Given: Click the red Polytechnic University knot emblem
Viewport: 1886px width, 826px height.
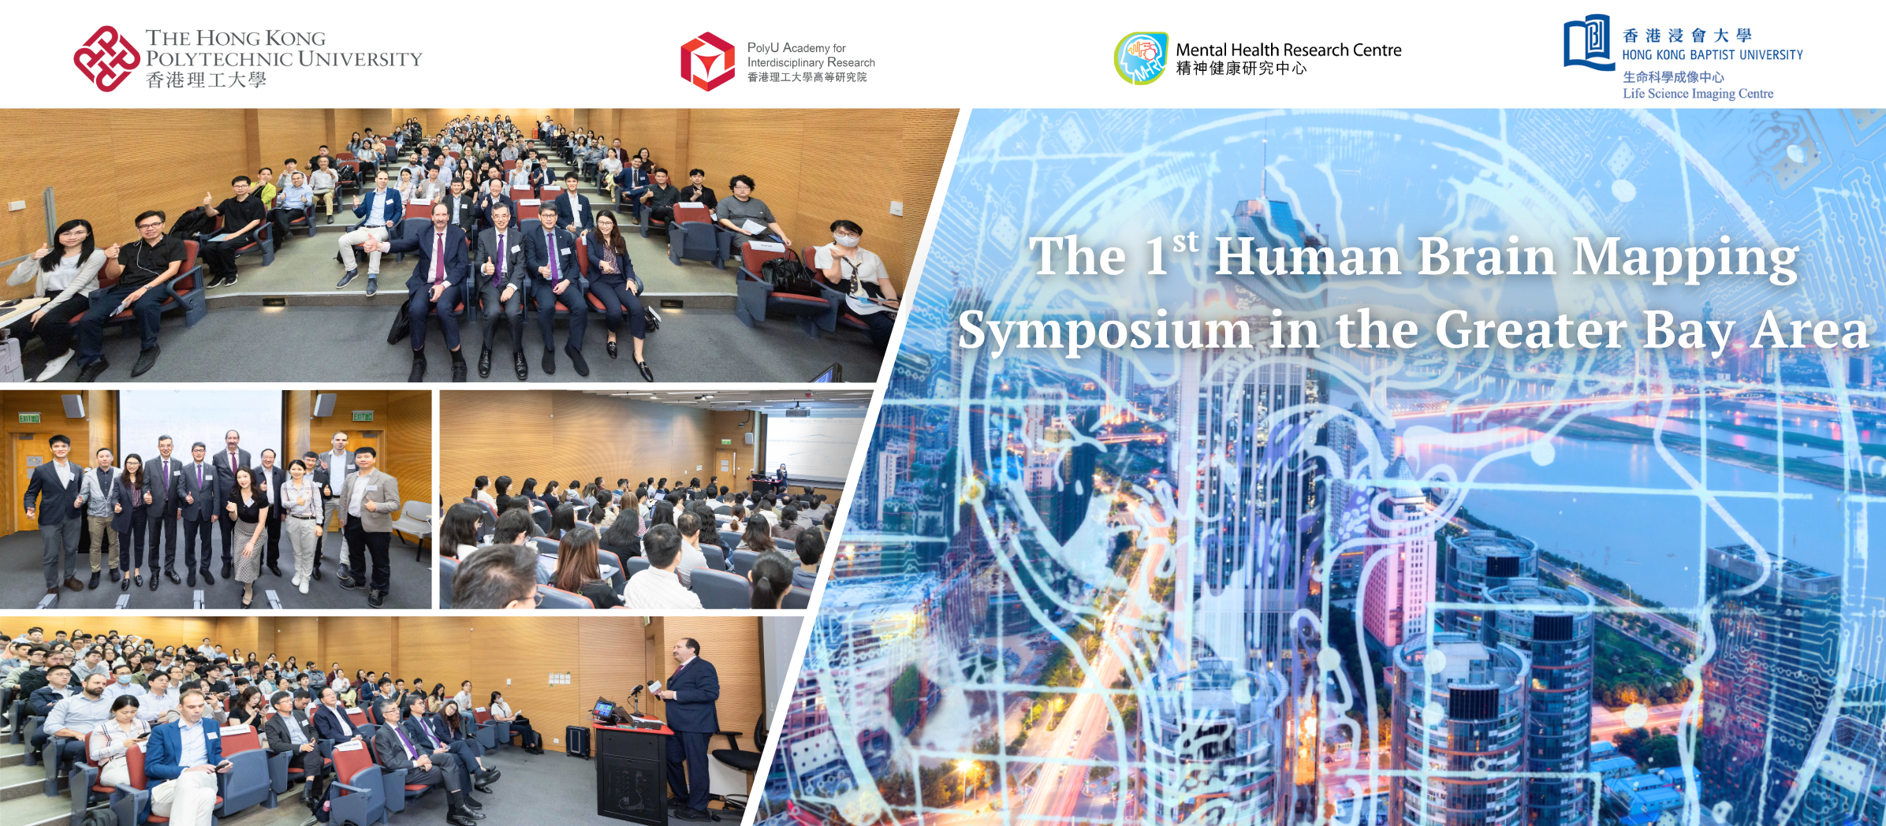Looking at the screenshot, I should (106, 59).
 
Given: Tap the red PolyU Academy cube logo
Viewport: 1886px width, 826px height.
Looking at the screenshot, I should (707, 61).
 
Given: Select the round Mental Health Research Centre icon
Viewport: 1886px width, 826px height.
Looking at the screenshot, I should (1140, 58).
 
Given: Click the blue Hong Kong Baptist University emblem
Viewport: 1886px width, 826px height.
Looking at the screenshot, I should (1588, 43).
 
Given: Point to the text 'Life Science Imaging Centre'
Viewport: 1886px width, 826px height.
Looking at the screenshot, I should (1698, 94).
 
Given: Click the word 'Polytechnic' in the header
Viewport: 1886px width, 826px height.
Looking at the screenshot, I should (218, 59).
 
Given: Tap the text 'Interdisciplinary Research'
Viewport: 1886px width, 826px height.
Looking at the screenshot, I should (811, 62).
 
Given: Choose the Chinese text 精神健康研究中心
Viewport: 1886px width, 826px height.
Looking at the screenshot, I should (1241, 69).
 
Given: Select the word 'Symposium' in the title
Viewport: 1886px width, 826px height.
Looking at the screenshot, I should (1104, 331).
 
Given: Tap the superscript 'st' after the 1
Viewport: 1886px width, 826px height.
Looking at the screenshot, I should (1185, 242).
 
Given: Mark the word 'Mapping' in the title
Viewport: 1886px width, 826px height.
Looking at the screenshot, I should (1685, 259).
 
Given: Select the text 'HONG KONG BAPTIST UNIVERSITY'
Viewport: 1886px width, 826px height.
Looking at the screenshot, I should (1712, 55).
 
